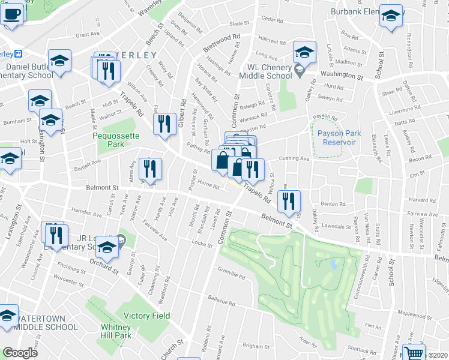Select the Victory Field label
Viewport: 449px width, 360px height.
[x=146, y=316]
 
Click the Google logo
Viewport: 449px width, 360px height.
[x=20, y=353]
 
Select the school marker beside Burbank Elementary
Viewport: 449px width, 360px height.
[x=391, y=18]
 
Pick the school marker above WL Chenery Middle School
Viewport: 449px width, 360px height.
[x=304, y=53]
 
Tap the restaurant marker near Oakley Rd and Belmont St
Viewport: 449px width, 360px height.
[x=291, y=202]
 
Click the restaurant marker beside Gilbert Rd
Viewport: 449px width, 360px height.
[x=164, y=124]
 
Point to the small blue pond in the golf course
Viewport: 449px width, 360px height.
[x=334, y=264]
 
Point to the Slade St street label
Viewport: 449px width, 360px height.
[x=238, y=23]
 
